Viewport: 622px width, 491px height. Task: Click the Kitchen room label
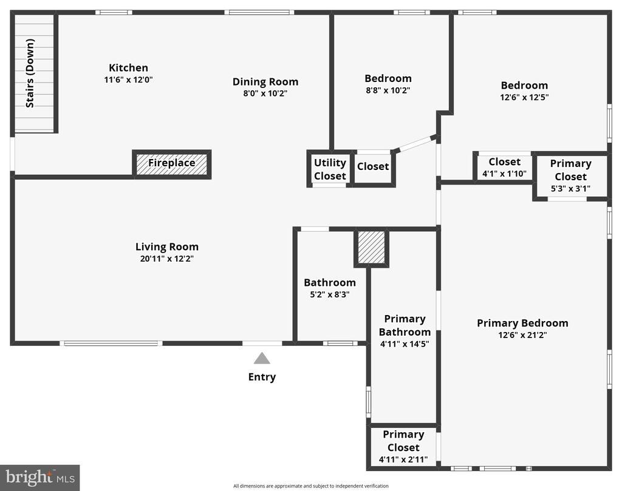(x=128, y=68)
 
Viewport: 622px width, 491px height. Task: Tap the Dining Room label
(x=265, y=82)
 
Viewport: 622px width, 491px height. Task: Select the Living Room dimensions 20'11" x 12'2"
(x=167, y=259)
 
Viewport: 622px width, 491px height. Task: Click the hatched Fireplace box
(x=172, y=163)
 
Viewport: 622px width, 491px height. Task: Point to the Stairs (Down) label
(x=30, y=73)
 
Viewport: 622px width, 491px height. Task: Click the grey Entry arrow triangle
(x=262, y=358)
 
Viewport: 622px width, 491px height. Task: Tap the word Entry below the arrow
(x=262, y=377)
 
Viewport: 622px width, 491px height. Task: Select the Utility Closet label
(x=330, y=169)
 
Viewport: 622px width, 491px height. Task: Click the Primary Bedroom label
(x=522, y=323)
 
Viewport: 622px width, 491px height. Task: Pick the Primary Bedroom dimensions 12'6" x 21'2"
(x=522, y=335)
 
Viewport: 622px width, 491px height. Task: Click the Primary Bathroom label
(x=405, y=325)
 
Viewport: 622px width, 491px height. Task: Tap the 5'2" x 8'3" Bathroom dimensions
(x=330, y=294)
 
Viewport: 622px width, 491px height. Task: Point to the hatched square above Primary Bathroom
(x=371, y=247)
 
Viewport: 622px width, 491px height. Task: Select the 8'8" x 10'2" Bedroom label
(x=388, y=78)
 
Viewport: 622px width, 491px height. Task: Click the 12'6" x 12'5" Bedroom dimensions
(x=524, y=97)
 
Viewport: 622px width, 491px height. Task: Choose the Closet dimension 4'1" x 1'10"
(x=504, y=174)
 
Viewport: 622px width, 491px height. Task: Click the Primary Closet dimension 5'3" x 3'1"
(x=570, y=188)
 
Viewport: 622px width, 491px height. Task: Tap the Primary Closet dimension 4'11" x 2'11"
(x=403, y=459)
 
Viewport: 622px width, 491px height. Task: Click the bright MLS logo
(x=40, y=478)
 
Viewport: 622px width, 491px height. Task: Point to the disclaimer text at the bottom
(x=310, y=486)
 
